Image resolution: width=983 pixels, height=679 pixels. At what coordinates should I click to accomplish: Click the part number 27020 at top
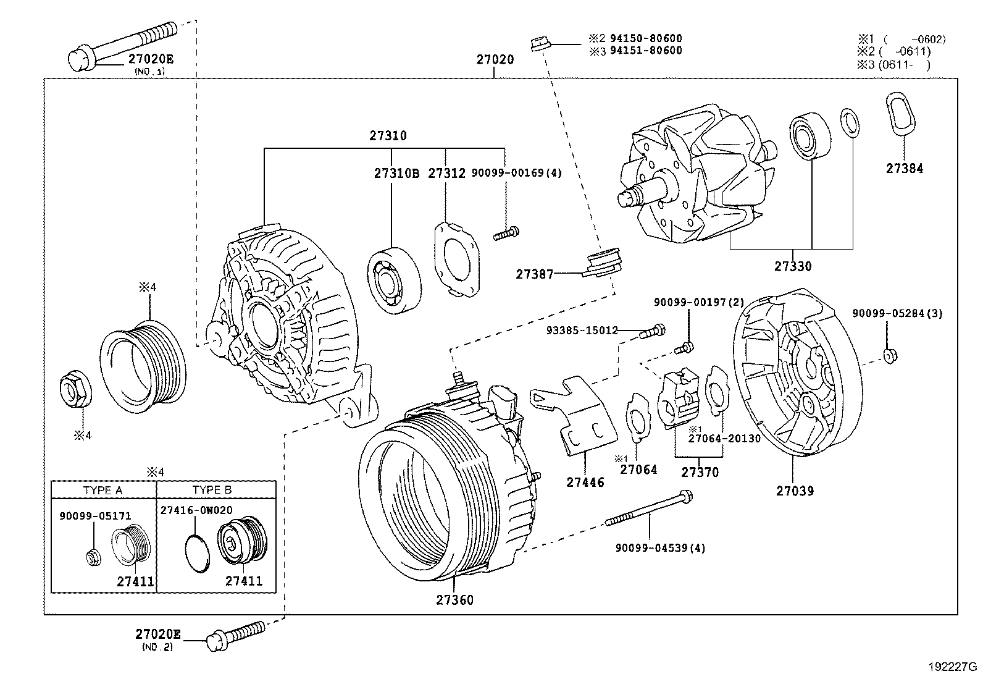[x=495, y=60]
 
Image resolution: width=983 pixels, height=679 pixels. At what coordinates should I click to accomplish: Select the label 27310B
[x=396, y=174]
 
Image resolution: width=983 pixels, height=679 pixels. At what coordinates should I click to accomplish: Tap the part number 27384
[x=905, y=168]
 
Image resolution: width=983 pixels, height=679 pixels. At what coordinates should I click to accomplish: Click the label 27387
[x=535, y=273]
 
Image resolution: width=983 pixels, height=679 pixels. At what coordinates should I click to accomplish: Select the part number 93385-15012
[x=582, y=331]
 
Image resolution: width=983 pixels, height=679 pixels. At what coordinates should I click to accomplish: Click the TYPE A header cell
[x=103, y=490]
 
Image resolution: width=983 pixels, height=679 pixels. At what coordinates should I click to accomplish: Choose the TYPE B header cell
[x=212, y=490]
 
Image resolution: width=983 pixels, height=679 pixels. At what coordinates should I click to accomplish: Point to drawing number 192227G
[x=951, y=667]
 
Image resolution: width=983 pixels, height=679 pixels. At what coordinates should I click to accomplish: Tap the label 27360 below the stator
[x=455, y=600]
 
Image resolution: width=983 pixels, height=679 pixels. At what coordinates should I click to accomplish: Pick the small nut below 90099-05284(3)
[x=889, y=355]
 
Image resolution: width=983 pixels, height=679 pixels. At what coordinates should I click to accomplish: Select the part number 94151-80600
[x=646, y=51]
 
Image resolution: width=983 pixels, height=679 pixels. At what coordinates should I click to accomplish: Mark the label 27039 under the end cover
[x=795, y=491]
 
